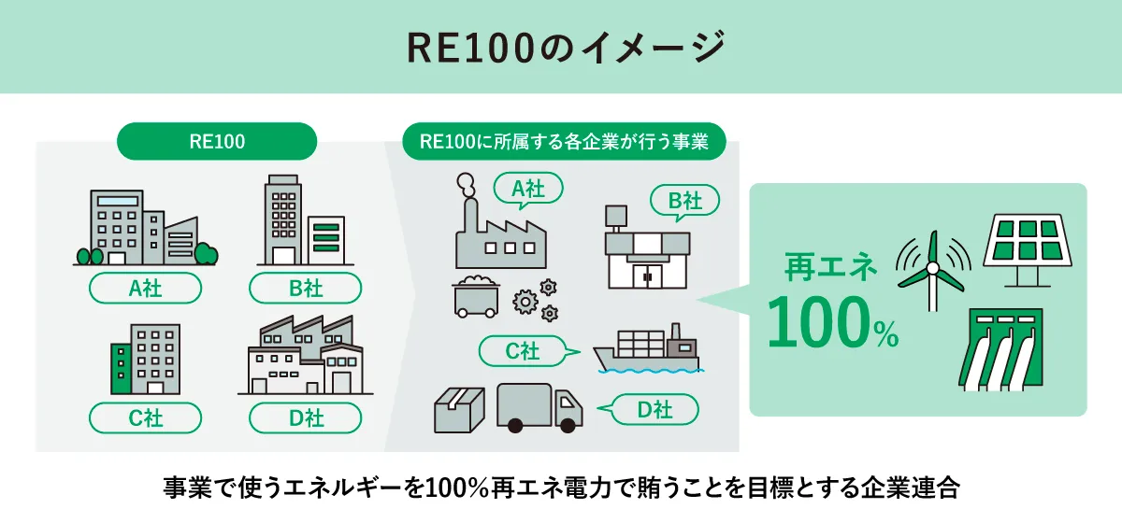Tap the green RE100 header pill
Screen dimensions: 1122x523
pos(217,141)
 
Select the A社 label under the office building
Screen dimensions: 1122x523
pos(145,289)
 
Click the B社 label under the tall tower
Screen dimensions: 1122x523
pos(306,289)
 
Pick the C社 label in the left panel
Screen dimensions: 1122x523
pos(145,417)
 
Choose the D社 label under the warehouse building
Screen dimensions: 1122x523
pos(306,417)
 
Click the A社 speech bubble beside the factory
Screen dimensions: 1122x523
pos(527,189)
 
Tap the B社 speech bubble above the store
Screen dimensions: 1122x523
pos(684,200)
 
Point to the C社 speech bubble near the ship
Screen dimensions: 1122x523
pos(523,351)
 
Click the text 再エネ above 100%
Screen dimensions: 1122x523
pos(831,268)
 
